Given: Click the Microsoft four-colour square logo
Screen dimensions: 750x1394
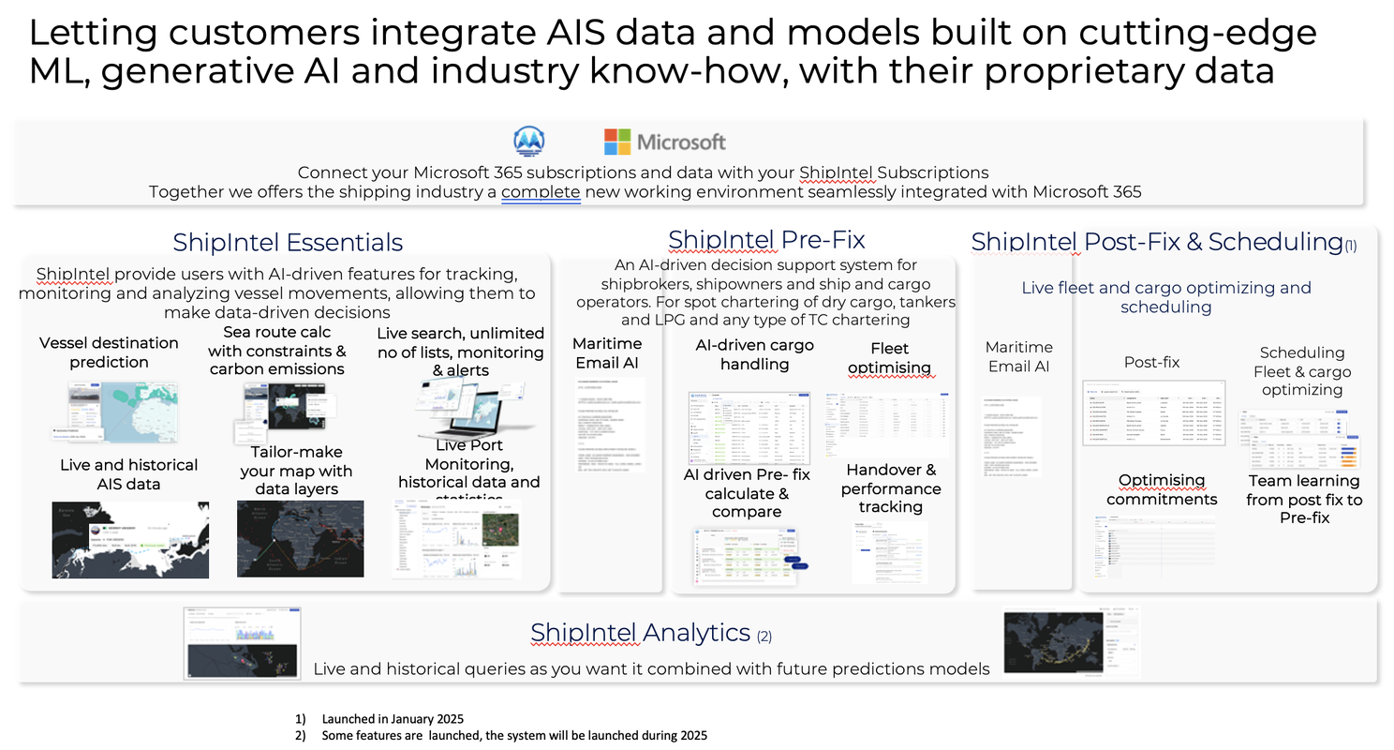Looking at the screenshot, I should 616,142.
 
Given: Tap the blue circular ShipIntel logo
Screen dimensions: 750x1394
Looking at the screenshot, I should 531,142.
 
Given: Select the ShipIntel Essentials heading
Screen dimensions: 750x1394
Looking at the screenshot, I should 288,242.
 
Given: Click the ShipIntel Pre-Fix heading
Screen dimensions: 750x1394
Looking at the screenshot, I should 765,239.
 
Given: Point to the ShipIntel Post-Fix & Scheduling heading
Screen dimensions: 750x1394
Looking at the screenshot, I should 1157,242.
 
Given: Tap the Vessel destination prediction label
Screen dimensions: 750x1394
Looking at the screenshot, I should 109,352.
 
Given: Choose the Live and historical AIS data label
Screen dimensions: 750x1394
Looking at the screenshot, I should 128,474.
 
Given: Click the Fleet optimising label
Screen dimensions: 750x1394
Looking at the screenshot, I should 889,358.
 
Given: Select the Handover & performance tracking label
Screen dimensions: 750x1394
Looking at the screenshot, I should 890,488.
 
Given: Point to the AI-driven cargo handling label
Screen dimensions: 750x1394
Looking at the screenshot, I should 754,354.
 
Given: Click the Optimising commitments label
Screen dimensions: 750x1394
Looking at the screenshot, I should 1162,489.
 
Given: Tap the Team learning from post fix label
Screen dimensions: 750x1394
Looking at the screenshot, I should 1303,499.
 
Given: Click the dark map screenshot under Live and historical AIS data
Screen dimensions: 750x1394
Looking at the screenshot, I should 130,540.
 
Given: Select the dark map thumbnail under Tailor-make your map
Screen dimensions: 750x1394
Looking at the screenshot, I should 300,538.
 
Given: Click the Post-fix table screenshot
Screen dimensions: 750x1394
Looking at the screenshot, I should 1153,412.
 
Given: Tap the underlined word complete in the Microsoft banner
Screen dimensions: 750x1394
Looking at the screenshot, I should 541,191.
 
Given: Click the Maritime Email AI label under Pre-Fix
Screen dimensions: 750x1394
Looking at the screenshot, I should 607,352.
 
